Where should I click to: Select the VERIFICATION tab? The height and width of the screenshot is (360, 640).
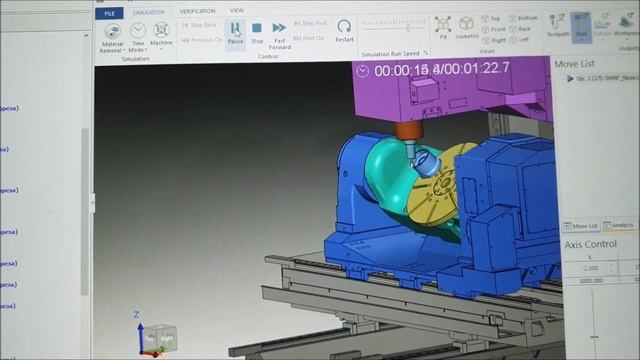pyautogui.click(x=197, y=12)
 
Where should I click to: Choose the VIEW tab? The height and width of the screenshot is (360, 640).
pyautogui.click(x=237, y=12)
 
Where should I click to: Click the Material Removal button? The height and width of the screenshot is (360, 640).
pyautogui.click(x=113, y=38)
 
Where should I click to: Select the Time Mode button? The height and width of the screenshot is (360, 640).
pyautogui.click(x=137, y=37)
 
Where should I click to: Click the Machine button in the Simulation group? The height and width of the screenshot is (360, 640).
pyautogui.click(x=161, y=36)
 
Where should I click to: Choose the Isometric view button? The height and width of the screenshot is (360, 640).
pyautogui.click(x=467, y=28)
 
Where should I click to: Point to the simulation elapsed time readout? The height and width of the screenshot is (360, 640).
pyautogui.click(x=441, y=69)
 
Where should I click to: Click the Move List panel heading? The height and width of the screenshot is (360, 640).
pyautogui.click(x=581, y=63)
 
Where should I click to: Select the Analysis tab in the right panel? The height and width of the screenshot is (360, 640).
pyautogui.click(x=621, y=226)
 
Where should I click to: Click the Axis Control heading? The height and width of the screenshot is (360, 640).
pyautogui.click(x=591, y=244)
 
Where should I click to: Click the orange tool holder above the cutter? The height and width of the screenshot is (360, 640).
pyautogui.click(x=408, y=132)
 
